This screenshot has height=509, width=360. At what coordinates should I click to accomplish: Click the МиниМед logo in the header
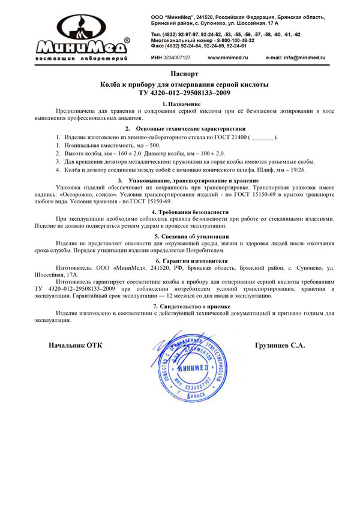coord(84,39)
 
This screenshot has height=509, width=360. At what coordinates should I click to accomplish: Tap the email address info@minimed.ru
coord(295,58)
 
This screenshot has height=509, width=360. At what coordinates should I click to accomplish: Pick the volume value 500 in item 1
coord(155,146)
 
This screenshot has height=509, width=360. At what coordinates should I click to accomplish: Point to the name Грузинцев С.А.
coord(280,345)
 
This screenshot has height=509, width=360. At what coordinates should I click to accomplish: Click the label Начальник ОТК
coord(75,345)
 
